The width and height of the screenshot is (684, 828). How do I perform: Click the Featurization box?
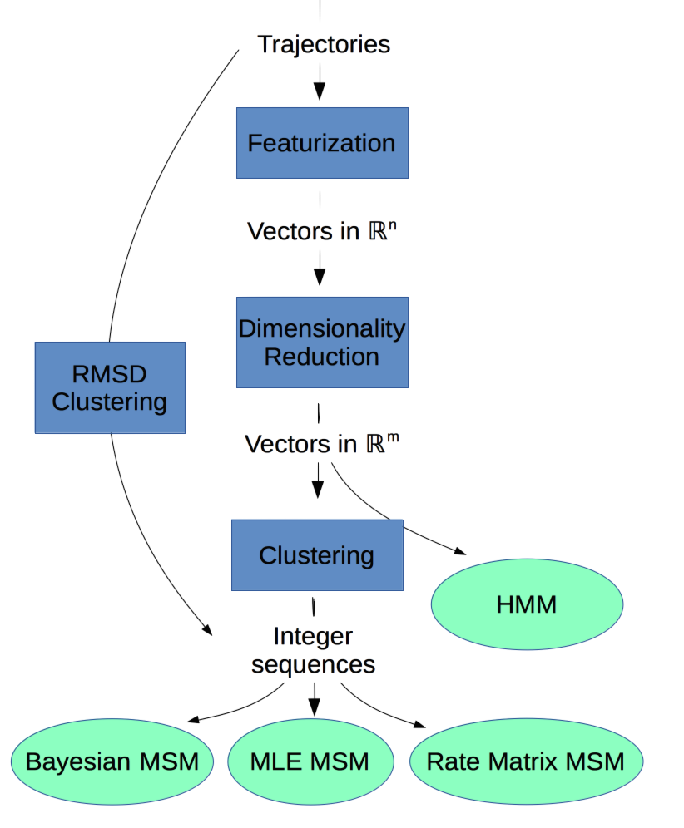tap(322, 143)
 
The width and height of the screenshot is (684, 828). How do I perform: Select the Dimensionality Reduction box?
tap(322, 343)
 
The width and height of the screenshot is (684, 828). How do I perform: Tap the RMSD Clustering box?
tap(110, 387)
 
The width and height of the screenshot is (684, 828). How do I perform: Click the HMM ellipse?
tap(527, 604)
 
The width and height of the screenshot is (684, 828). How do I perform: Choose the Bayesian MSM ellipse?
tap(112, 761)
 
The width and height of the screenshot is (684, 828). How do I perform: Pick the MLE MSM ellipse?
tap(310, 761)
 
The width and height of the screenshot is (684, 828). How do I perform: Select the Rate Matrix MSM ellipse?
tap(527, 761)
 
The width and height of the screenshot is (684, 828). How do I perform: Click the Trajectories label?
tap(324, 44)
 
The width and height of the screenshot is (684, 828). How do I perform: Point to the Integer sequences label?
tap(314, 650)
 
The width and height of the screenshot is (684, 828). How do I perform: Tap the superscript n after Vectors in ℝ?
tap(392, 225)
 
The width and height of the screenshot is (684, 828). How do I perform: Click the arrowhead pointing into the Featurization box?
tap(320, 91)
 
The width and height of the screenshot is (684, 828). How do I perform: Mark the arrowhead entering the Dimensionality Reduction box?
tap(320, 277)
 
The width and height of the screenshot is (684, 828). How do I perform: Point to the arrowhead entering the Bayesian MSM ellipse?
tap(193, 719)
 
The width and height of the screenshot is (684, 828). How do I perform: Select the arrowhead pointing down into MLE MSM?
tap(315, 707)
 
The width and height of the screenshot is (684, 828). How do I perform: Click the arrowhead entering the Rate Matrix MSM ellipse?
tap(419, 724)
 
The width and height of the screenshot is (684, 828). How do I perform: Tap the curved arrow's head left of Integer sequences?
tap(206, 629)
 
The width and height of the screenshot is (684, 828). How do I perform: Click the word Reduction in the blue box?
tap(321, 357)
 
